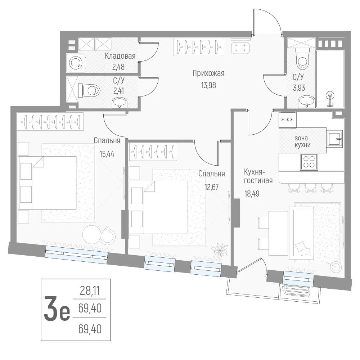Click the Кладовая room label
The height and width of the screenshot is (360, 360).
pyautogui.click(x=120, y=56)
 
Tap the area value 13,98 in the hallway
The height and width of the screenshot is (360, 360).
pyautogui.click(x=208, y=85)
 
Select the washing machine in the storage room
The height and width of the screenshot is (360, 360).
pyautogui.click(x=76, y=63)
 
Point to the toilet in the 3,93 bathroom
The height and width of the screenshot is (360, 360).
pyautogui.click(x=303, y=59)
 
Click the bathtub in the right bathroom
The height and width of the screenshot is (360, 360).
pyautogui.click(x=330, y=79)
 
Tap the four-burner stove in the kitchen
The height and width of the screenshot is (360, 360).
pyautogui.click(x=309, y=162)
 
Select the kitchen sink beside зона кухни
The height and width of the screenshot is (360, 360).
pyautogui.click(x=335, y=138)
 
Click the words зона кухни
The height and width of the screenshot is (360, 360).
pyautogui.click(x=302, y=141)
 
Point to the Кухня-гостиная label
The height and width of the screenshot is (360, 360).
pyautogui.click(x=258, y=176)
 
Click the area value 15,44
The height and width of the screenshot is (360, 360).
pyautogui.click(x=107, y=154)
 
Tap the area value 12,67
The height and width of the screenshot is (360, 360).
pyautogui.click(x=211, y=187)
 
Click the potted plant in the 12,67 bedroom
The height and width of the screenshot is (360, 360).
pyautogui.click(x=219, y=251)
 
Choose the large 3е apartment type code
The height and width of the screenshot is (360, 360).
pyautogui.click(x=57, y=309)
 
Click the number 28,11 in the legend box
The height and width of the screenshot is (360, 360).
pyautogui.click(x=90, y=291)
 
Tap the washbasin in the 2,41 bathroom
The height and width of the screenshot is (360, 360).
pyautogui.click(x=120, y=102)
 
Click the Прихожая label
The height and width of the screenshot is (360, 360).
pyautogui.click(x=208, y=73)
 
